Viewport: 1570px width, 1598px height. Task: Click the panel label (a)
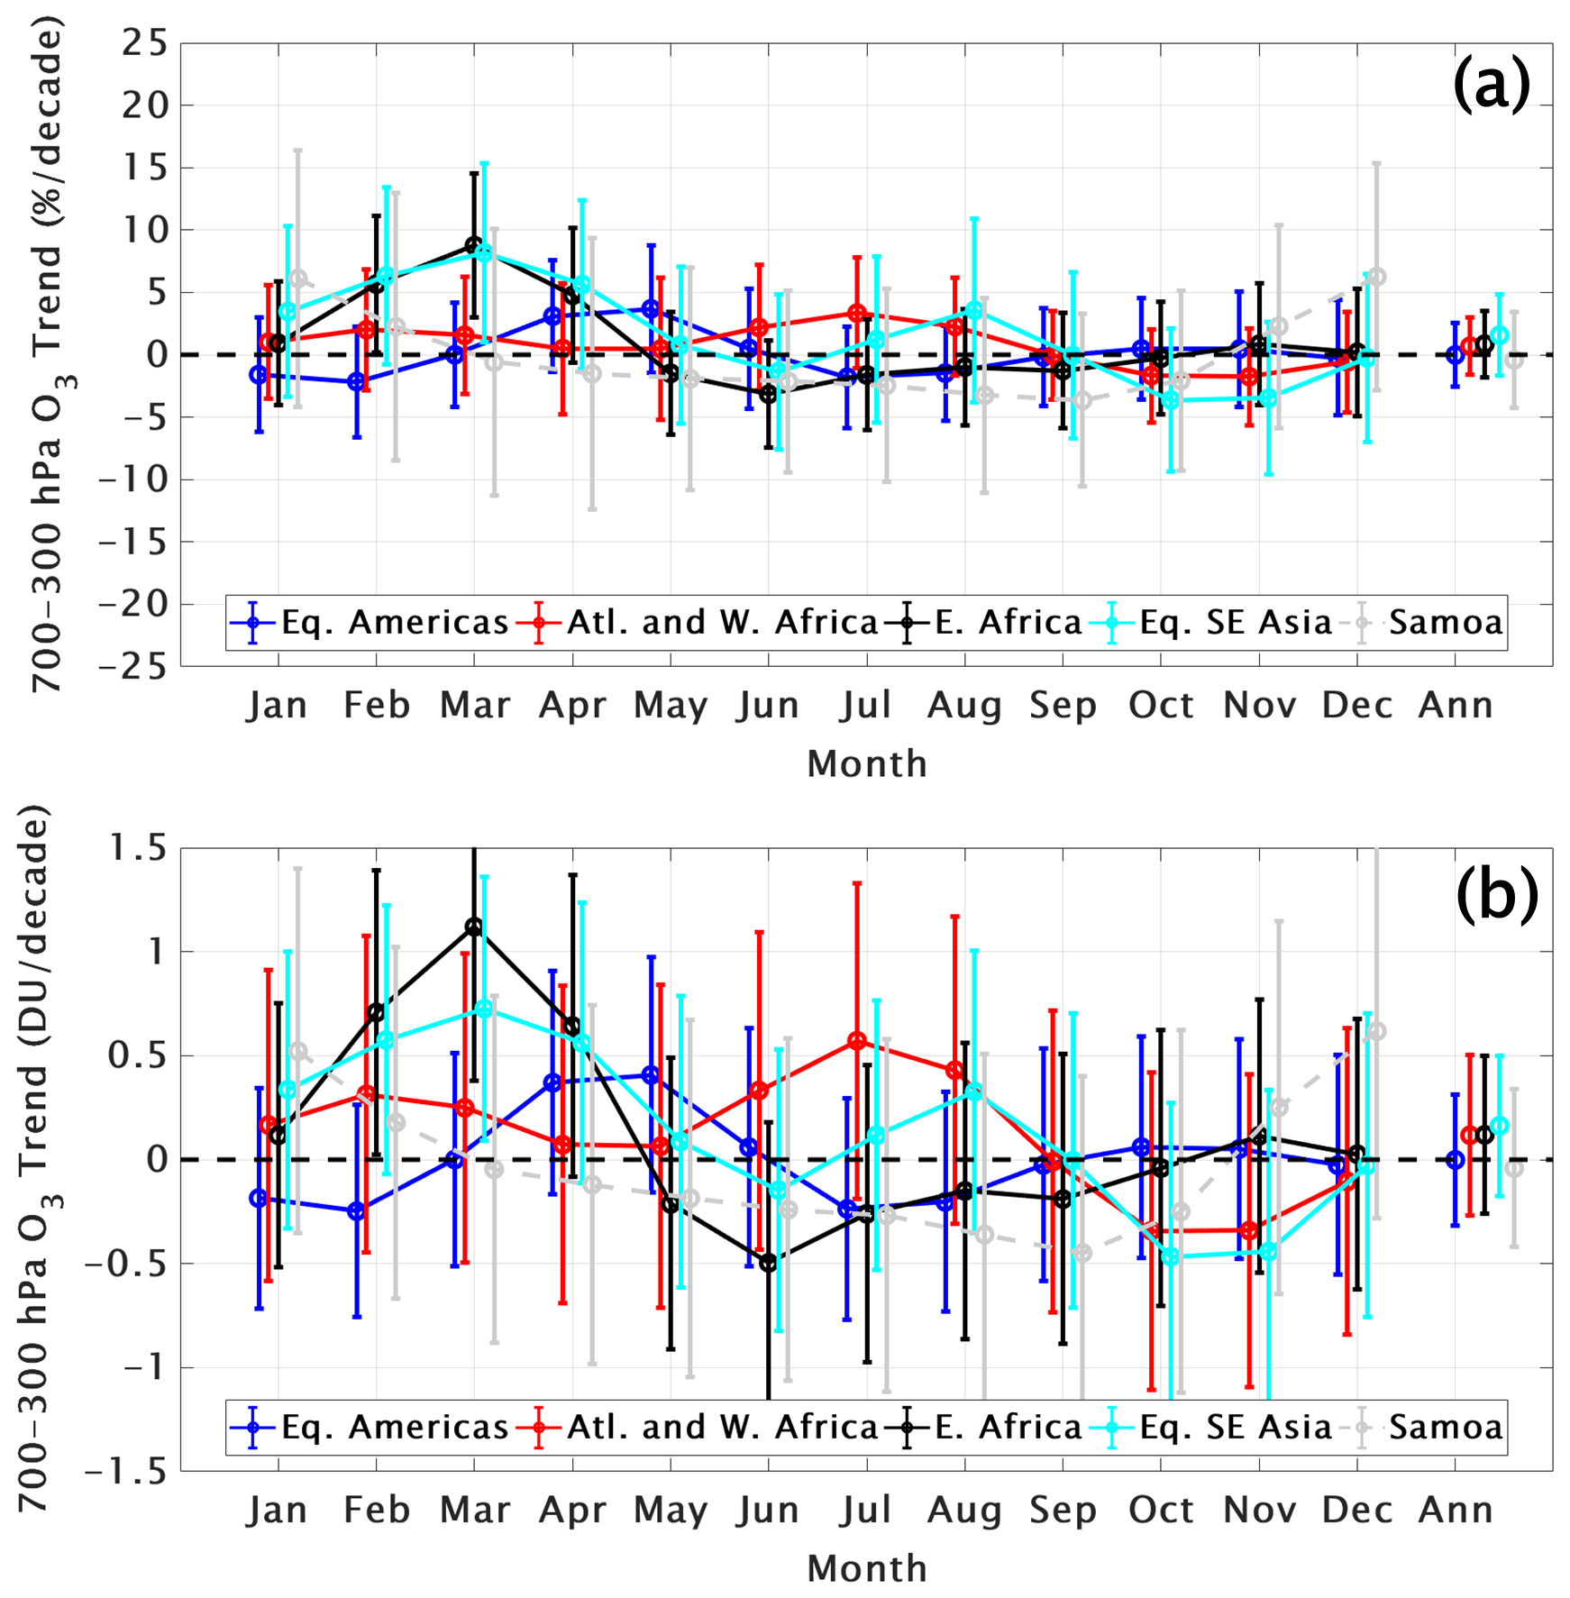1491,85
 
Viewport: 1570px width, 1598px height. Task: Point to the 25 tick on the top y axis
144,43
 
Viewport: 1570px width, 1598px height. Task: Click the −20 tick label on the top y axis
133,604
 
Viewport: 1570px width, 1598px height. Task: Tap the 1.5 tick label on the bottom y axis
138,848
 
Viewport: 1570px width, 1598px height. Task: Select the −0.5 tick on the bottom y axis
126,1264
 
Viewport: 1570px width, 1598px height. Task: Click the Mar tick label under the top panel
475,706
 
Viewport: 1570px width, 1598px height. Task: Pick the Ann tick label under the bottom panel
1456,1511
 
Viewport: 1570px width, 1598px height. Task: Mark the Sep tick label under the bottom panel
1063,1511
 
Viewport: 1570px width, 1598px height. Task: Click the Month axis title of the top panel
866,764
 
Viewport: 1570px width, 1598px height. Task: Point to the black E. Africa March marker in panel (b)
474,927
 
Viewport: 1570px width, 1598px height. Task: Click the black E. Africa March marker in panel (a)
474,245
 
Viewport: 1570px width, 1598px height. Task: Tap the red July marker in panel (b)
857,1041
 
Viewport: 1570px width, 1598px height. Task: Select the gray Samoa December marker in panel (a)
1376,277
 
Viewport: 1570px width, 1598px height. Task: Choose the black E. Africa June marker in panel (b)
769,1263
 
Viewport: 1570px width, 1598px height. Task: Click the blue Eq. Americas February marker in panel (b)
357,1211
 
